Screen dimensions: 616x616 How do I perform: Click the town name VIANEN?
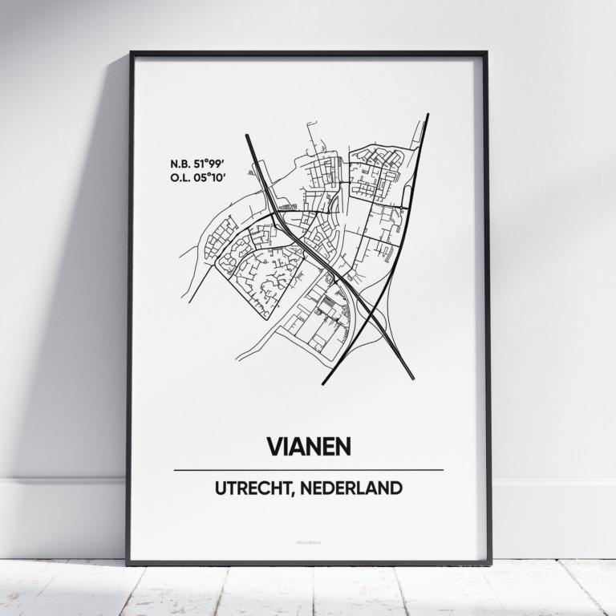[x=308, y=447]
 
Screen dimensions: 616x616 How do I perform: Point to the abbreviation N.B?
[x=180, y=164]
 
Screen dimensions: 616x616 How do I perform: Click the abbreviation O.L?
[x=180, y=177]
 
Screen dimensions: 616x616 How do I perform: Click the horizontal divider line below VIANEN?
[x=308, y=470]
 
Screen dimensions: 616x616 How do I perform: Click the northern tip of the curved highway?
[x=428, y=115]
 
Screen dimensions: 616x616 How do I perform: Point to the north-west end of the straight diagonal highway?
[x=247, y=136]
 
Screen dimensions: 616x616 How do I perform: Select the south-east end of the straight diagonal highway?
[x=413, y=378]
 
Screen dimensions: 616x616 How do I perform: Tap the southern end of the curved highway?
[x=324, y=384]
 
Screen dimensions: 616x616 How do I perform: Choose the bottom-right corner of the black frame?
[x=490, y=563]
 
